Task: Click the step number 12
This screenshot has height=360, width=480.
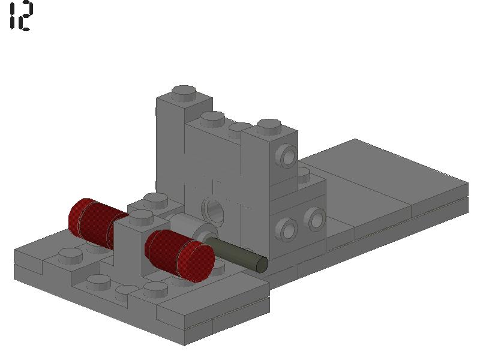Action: (x=21, y=16)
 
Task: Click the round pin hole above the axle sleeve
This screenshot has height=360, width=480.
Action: (x=215, y=209)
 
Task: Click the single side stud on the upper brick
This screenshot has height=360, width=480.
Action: (x=286, y=158)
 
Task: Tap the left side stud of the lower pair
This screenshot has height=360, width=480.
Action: (x=287, y=228)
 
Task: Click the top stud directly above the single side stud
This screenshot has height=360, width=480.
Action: (x=268, y=127)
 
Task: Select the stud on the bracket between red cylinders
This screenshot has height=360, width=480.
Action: (x=140, y=217)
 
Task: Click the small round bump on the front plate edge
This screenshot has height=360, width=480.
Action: (x=124, y=291)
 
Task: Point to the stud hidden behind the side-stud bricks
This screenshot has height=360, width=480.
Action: (x=304, y=174)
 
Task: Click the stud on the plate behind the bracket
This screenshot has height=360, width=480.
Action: (x=155, y=199)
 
